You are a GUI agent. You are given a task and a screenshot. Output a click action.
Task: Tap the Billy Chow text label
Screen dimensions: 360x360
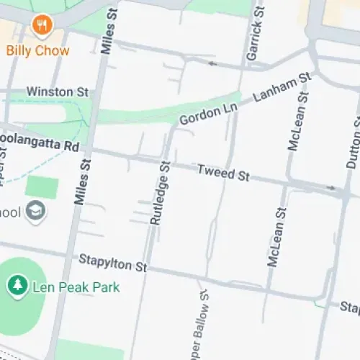pos(38,50)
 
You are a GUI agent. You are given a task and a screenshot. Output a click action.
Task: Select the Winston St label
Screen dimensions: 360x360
pos(57,92)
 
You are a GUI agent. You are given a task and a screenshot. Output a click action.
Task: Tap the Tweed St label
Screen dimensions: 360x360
pos(222,172)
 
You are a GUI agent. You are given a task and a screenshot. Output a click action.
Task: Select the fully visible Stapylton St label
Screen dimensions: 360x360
pos(112,263)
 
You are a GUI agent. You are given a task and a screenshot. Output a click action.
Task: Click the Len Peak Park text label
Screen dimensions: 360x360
pos(76,287)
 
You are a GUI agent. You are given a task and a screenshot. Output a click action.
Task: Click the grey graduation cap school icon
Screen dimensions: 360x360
pos(34,211)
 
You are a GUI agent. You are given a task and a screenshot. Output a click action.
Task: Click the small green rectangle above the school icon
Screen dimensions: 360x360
pos(42,187)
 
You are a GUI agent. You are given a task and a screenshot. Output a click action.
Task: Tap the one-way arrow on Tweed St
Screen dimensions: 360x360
pos(332,188)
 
